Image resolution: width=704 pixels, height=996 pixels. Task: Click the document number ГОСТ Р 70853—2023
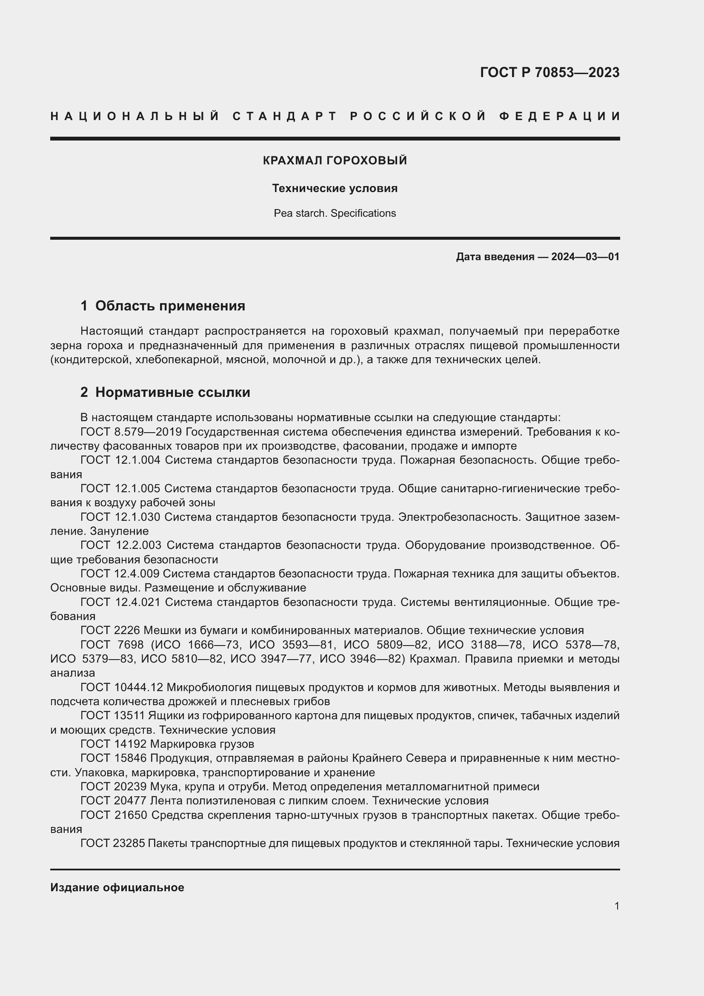coord(549,72)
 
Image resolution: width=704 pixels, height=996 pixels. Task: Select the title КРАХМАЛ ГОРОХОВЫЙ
coord(335,161)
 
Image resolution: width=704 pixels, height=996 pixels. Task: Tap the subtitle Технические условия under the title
coord(335,188)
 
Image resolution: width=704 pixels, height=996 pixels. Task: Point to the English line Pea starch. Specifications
coord(335,213)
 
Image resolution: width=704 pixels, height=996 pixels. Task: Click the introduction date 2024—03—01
coord(585,257)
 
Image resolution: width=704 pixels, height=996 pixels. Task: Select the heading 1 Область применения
coord(163,306)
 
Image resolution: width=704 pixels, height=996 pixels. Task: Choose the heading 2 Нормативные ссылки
coord(165,392)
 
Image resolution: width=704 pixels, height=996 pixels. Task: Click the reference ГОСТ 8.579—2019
coord(133,432)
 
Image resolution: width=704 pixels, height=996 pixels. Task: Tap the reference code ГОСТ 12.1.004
coord(120,460)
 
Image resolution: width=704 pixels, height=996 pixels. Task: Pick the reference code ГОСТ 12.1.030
coord(120,517)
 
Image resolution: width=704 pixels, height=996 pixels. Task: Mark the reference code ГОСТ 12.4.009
coord(120,574)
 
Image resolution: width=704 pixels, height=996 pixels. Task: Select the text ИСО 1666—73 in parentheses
coord(202,645)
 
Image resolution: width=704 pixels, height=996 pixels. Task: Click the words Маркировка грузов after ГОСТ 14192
coord(202,744)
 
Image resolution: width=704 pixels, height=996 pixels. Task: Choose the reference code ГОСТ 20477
coord(114,801)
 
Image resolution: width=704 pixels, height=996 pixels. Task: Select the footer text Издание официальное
coord(117,887)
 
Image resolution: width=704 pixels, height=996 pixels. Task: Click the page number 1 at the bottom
coord(616,906)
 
